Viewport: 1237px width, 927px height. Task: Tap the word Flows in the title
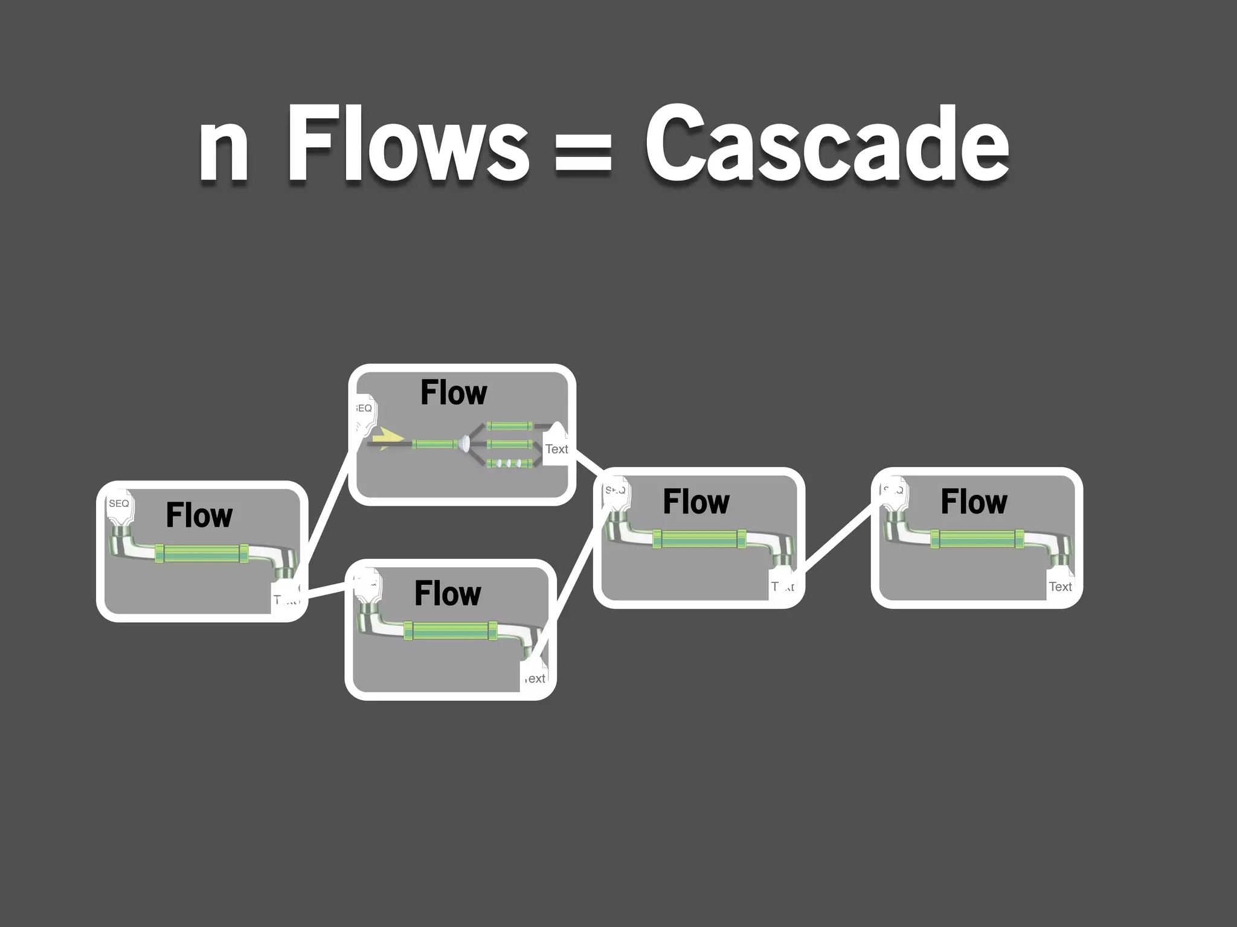[408, 145]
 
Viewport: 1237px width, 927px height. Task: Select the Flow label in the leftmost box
[199, 515]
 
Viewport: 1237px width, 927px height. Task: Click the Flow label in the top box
[454, 393]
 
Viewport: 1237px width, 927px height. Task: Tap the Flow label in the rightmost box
[974, 502]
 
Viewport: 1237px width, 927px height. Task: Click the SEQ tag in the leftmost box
[119, 504]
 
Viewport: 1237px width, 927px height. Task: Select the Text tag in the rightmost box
[1060, 587]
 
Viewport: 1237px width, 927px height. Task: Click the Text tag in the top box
[556, 449]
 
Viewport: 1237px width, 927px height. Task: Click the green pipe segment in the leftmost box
[202, 553]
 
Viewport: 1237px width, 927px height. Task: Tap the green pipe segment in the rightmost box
[977, 538]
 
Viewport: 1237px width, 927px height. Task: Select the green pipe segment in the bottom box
[451, 631]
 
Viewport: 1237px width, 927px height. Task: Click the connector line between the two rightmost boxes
[837, 538]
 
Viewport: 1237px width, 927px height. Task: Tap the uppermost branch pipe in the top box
[509, 426]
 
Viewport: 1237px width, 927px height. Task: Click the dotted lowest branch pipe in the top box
[509, 463]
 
